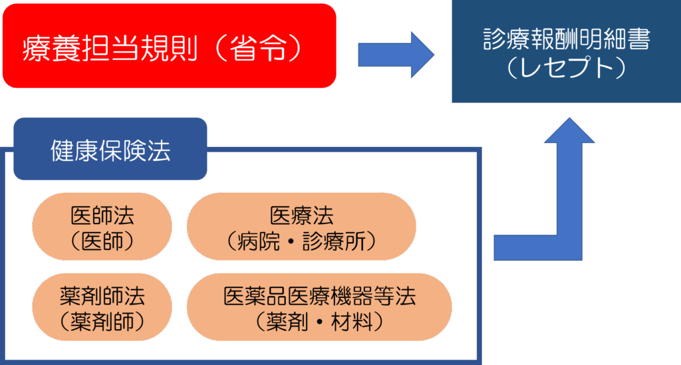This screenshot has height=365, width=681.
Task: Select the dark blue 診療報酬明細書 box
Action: pyautogui.click(x=566, y=52)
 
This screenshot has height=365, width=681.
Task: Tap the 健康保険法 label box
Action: pyautogui.click(x=110, y=149)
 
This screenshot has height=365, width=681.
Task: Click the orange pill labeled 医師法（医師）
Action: pyautogui.click(x=102, y=227)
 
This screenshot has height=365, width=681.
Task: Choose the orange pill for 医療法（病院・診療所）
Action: pyautogui.click(x=301, y=227)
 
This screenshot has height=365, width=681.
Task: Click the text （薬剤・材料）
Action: pyautogui.click(x=319, y=321)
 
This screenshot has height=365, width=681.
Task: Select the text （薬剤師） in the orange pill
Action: pyautogui.click(x=102, y=321)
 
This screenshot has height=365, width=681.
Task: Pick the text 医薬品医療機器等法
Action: pyautogui.click(x=319, y=295)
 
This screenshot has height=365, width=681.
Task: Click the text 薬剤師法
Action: pyautogui.click(x=102, y=295)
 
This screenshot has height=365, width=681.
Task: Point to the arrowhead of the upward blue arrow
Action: pyautogui.click(x=570, y=131)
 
